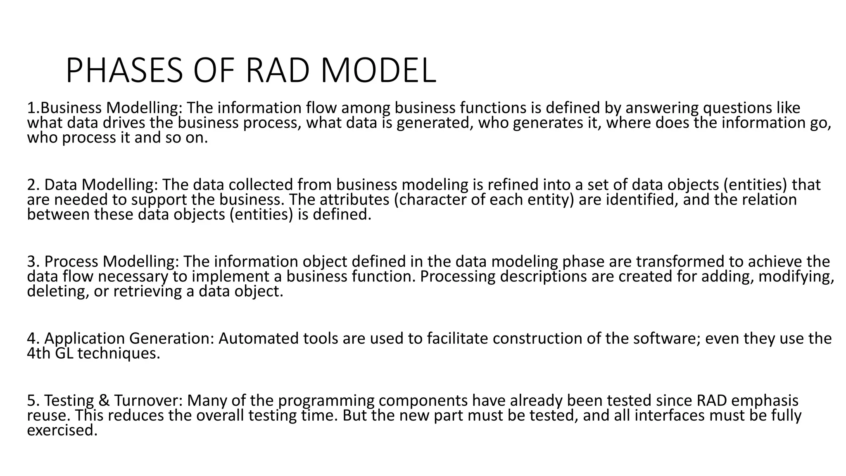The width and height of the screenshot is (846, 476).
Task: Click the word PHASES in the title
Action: pos(124,71)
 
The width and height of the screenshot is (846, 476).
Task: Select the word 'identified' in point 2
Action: pos(642,200)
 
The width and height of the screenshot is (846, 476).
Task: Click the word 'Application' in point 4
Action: pos(84,338)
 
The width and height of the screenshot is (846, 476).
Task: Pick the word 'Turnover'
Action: pos(148,401)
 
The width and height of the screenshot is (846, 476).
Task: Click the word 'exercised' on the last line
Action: pos(62,431)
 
